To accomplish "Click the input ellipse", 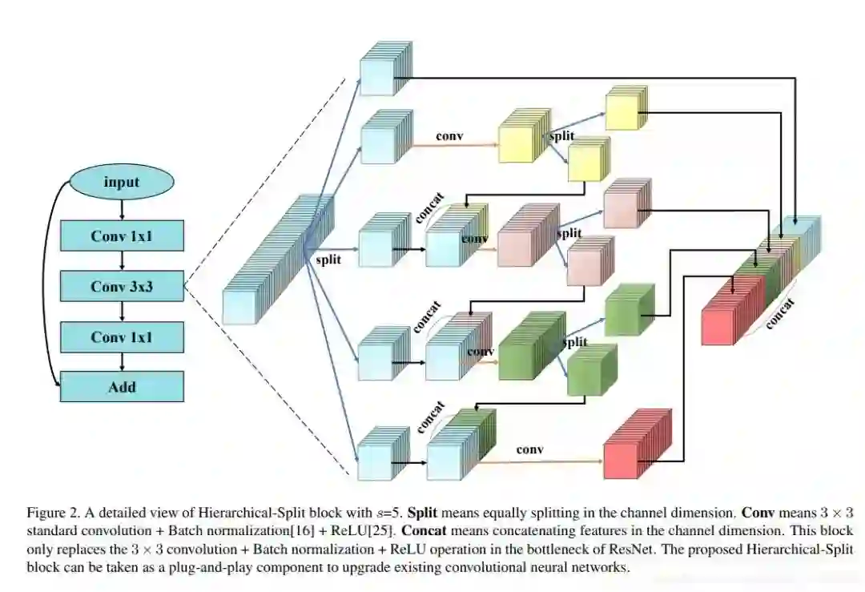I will coord(122,183).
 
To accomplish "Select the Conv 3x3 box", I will coord(122,286).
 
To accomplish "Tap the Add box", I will coord(122,387).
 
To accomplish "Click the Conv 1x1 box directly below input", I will coord(122,236).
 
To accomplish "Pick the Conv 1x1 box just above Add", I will coord(122,337).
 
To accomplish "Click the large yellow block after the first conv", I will coord(521,143).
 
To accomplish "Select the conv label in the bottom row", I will coord(529,450).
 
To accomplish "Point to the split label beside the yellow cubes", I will coord(561,138).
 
